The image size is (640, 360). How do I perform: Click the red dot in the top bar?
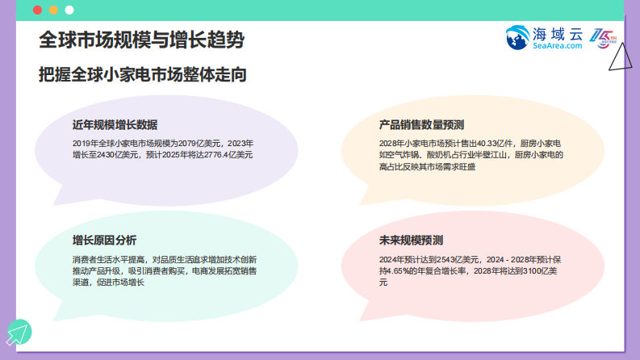click(38, 10)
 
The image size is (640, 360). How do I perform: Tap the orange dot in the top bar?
click(53, 10)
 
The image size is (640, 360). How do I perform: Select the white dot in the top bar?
click(69, 10)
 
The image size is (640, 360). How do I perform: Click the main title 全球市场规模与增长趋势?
click(141, 40)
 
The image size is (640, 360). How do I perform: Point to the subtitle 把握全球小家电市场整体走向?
click(142, 74)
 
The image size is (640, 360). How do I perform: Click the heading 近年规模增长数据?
click(115, 125)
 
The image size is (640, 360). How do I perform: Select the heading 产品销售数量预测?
click(421, 125)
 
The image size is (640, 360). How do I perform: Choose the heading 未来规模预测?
click(411, 241)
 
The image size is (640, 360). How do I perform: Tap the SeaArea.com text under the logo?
click(557, 47)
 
